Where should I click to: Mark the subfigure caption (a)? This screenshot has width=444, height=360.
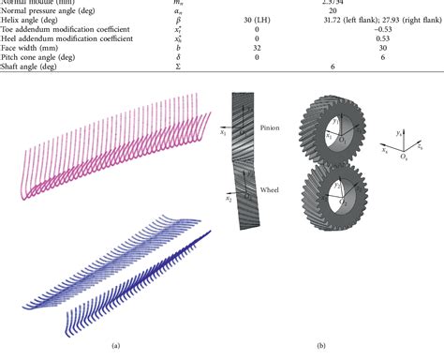coord(114,347)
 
